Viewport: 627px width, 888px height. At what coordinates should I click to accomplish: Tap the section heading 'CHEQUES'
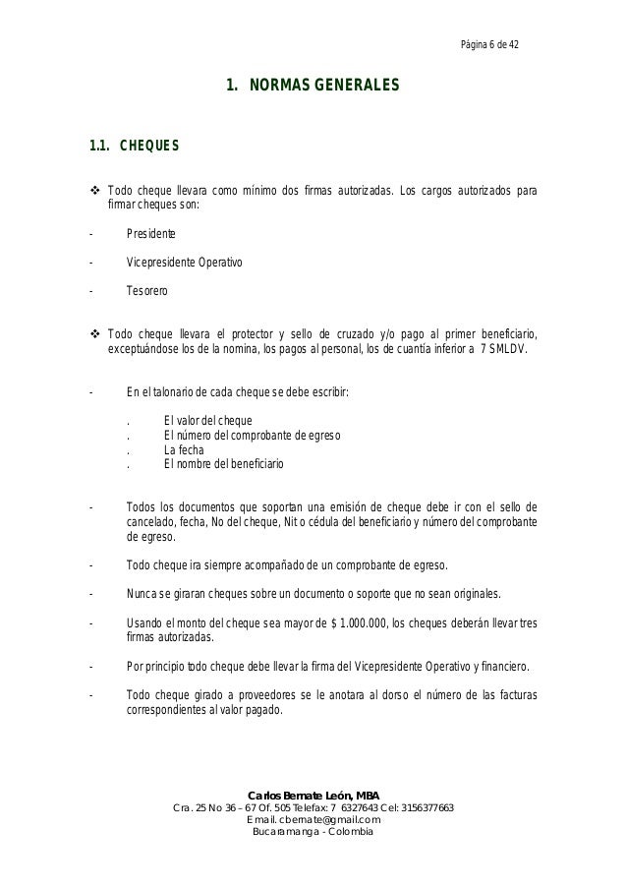[x=148, y=148]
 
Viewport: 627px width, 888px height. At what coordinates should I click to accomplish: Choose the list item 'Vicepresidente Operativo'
[x=184, y=264]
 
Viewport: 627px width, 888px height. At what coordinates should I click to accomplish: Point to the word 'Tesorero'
[x=147, y=292]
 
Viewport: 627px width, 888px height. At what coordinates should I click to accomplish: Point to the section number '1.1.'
[x=98, y=148]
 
